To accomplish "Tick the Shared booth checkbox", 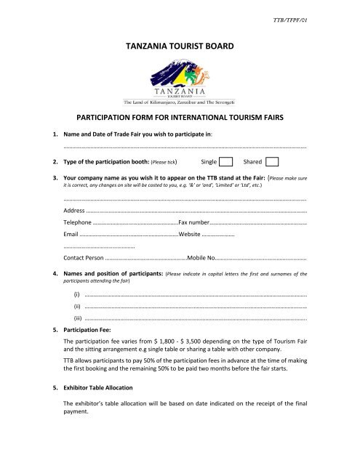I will (x=272, y=161).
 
